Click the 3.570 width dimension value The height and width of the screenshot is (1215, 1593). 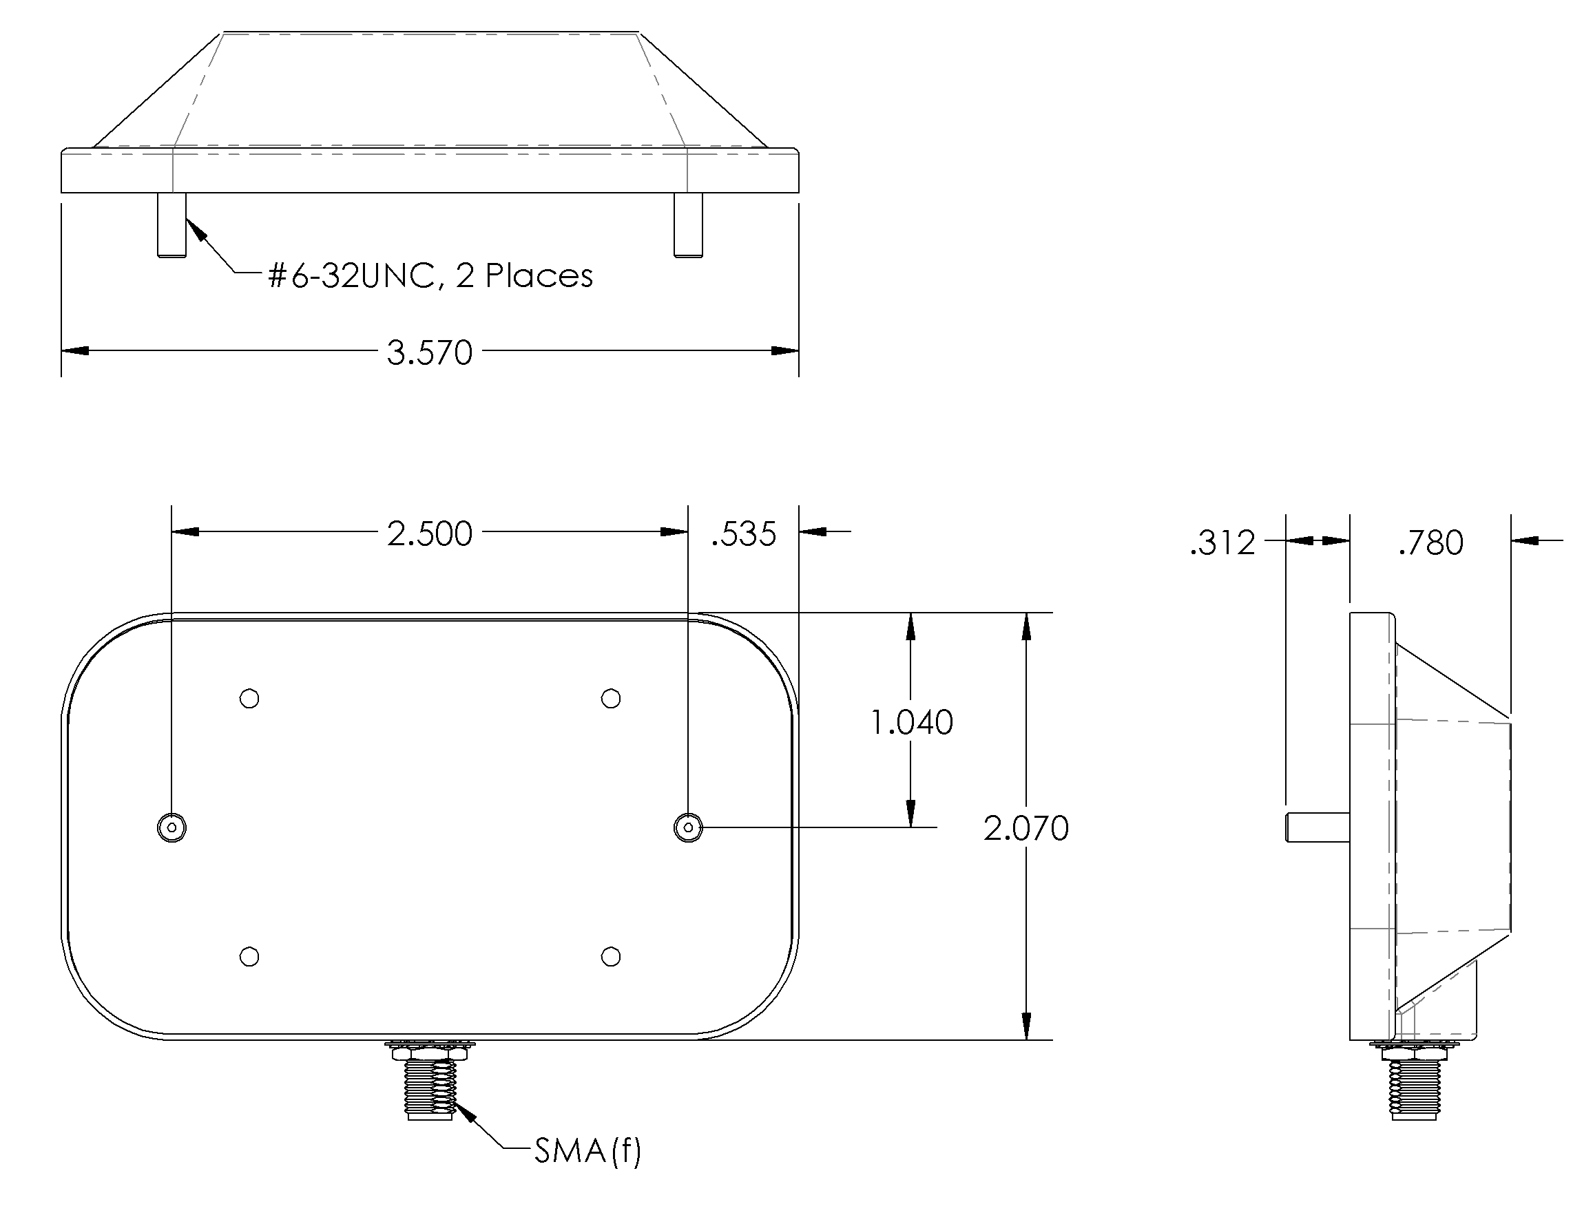coord(429,353)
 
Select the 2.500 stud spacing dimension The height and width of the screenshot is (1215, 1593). coord(429,533)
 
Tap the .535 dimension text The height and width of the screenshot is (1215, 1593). coord(743,533)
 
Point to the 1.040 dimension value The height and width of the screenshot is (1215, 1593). coord(910,721)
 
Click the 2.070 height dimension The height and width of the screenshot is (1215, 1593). coord(1025,828)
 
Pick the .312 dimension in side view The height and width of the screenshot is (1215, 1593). coord(1222,542)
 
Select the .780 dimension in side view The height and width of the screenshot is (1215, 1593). coord(1430,542)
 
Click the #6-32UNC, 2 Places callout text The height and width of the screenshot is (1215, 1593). coord(430,275)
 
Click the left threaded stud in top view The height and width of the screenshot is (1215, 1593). coord(171,224)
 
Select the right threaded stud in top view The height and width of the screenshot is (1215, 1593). coord(688,224)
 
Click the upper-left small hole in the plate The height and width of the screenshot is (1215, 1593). coord(249,699)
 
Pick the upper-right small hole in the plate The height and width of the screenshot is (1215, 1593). coord(611,699)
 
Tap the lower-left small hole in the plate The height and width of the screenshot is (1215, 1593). coord(249,957)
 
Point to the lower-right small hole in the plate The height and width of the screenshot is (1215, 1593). coord(611,957)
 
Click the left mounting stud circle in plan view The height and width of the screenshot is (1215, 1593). coord(171,827)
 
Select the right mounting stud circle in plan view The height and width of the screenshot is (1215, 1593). coord(688,827)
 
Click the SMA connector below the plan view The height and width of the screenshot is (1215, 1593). coord(430,1081)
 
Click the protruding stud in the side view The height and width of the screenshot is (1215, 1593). coord(1317,827)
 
